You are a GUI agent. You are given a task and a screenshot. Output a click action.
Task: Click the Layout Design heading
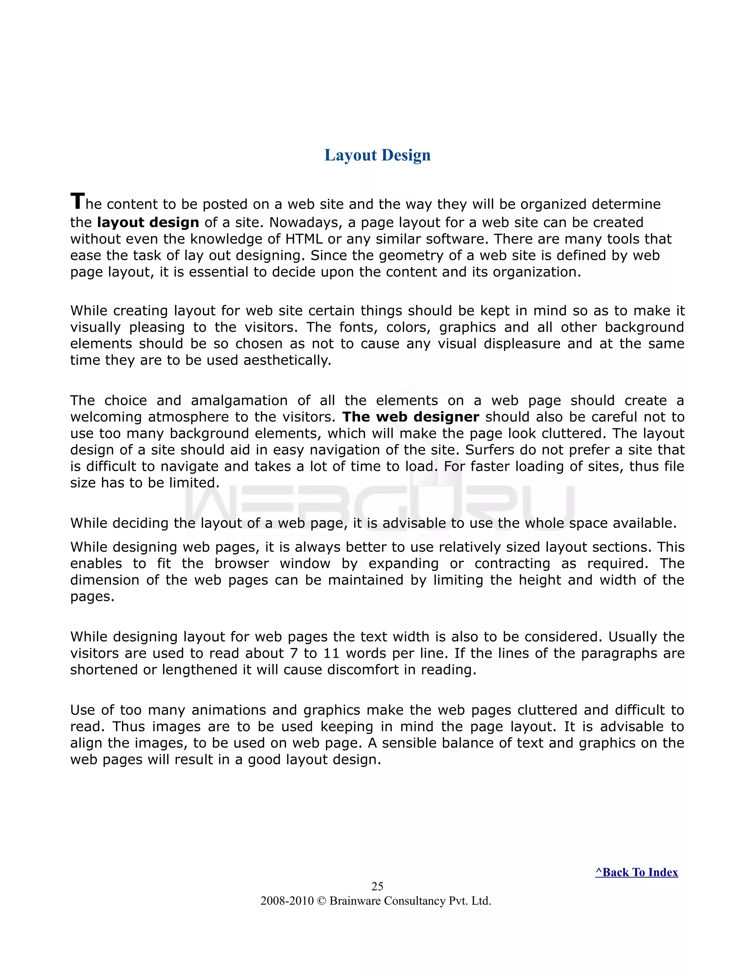click(377, 155)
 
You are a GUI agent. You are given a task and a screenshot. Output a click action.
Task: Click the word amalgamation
click(239, 400)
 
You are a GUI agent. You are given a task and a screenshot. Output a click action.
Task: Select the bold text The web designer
click(410, 417)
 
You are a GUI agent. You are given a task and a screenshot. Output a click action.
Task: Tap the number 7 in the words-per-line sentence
click(293, 653)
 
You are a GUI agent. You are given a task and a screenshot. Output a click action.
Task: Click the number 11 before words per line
click(331, 653)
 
